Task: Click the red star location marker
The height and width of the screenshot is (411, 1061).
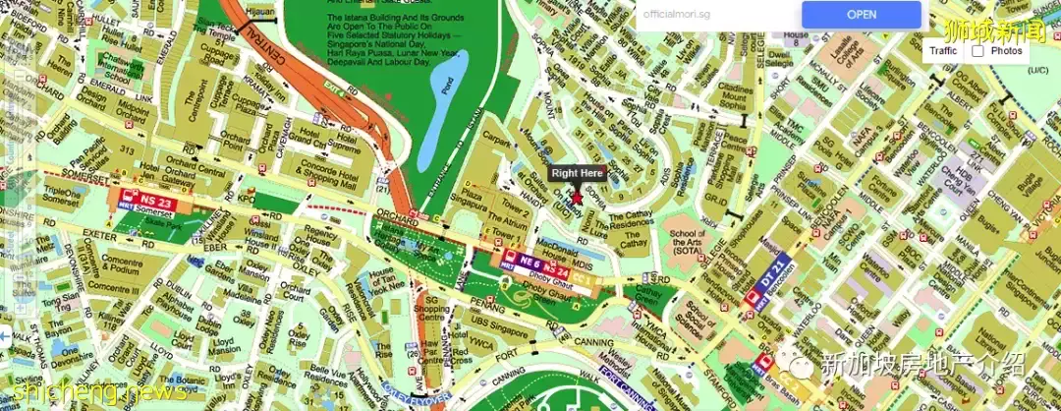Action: pyautogui.click(x=577, y=198)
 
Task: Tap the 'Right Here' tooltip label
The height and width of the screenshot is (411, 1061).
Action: pyautogui.click(x=578, y=174)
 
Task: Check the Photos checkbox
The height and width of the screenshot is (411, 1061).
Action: pyautogui.click(x=977, y=50)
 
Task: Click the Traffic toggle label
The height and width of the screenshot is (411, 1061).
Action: pyautogui.click(x=943, y=50)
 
